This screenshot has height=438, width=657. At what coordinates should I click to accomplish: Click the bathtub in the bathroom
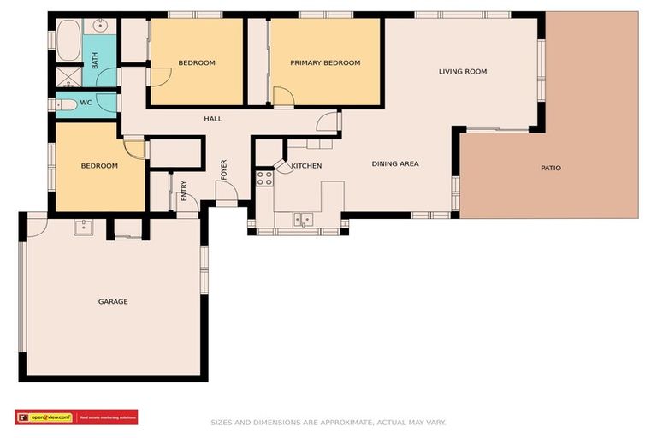click(x=68, y=40)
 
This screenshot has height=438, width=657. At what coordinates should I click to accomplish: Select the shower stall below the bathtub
click(x=68, y=75)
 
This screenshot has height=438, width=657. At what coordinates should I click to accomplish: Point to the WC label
click(x=86, y=103)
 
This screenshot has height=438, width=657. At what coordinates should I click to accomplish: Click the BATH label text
click(x=95, y=60)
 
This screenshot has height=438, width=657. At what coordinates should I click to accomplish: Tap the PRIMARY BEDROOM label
click(x=324, y=62)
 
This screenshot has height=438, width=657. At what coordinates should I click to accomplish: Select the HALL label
click(x=213, y=118)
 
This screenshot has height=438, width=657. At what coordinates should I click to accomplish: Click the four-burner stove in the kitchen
click(x=264, y=178)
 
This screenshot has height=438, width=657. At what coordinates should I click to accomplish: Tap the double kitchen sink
click(x=302, y=219)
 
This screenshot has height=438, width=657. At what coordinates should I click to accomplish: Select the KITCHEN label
click(x=306, y=165)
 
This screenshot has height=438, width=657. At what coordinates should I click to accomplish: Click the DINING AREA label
click(x=394, y=163)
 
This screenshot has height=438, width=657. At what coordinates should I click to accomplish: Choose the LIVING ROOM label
click(x=462, y=71)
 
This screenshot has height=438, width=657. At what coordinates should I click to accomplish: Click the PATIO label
click(x=551, y=168)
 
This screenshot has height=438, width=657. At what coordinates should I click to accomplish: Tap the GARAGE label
click(x=113, y=301)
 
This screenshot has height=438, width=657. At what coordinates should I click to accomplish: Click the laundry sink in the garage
click(x=83, y=228)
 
